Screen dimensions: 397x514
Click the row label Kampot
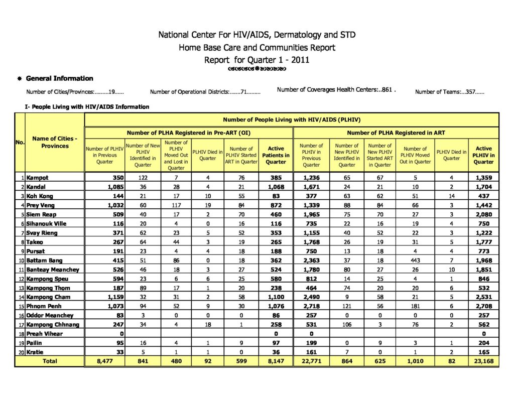tap(38, 178)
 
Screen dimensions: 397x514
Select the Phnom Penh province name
tap(44, 306)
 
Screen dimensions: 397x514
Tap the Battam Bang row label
tap(44, 260)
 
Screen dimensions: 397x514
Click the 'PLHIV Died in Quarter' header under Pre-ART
tap(207, 155)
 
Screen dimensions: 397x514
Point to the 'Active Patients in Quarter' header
tap(276, 155)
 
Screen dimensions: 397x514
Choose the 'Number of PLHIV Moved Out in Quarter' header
tap(415, 155)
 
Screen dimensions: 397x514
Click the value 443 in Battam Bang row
tap(415, 260)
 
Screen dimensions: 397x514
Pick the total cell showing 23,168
tap(483, 361)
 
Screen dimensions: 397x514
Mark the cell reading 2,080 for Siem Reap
tap(483, 214)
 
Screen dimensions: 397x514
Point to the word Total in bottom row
tap(50, 361)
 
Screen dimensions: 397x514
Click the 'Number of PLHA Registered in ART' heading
tap(396, 133)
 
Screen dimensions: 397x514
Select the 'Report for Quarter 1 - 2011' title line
tap(256, 60)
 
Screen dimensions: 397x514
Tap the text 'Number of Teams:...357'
tap(449, 92)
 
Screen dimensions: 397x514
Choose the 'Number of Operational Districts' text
tap(205, 92)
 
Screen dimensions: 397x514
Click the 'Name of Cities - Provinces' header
tap(55, 142)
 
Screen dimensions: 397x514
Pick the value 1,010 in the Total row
tap(415, 361)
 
